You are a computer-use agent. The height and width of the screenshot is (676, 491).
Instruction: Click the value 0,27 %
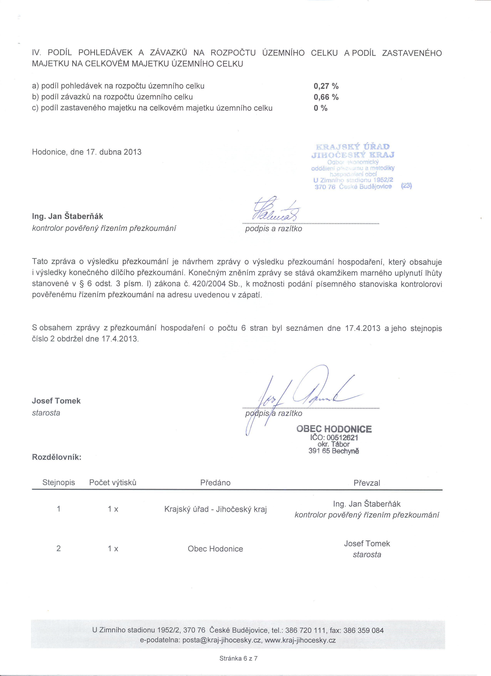[x=326, y=86]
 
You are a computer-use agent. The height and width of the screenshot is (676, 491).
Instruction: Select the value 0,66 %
[x=326, y=97]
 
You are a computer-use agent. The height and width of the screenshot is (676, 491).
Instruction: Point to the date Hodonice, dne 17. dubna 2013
[x=87, y=152]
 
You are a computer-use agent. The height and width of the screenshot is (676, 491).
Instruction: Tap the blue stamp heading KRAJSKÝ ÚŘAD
[x=352, y=147]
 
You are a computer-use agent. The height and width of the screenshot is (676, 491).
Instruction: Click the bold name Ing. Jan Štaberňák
[x=68, y=216]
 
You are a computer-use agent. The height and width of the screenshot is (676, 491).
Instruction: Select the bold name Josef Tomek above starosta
[x=56, y=401]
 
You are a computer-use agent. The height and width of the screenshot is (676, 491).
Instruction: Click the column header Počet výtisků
[x=113, y=483]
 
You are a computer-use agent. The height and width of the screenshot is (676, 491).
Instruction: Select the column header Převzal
[x=367, y=483]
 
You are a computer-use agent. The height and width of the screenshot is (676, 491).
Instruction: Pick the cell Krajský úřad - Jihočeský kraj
[x=215, y=509]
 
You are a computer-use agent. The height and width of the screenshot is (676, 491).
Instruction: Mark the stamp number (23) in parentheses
[x=406, y=186]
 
